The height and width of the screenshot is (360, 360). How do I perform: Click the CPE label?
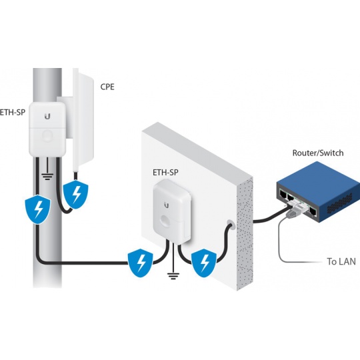[x=107, y=87]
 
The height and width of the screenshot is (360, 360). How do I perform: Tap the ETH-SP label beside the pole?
[x=13, y=112]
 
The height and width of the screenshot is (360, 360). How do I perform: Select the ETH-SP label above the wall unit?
[x=165, y=173]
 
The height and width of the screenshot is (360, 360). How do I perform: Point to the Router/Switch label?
[x=318, y=153]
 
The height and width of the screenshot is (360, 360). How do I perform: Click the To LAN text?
[x=341, y=261]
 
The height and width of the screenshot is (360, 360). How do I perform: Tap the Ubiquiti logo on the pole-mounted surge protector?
[x=47, y=117]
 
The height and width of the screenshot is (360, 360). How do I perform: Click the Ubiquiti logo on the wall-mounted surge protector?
[x=167, y=205]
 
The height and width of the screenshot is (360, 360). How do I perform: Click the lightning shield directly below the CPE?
[x=75, y=194]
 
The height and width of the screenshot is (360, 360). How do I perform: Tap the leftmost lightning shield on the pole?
[x=37, y=209]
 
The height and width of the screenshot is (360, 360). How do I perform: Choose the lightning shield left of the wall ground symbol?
[x=140, y=263]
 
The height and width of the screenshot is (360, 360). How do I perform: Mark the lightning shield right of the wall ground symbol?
[x=204, y=263]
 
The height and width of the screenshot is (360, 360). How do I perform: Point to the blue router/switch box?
[x=318, y=192]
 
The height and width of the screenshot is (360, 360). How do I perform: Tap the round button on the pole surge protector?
[x=47, y=136]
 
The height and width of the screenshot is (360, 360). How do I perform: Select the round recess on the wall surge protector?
[x=167, y=221]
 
